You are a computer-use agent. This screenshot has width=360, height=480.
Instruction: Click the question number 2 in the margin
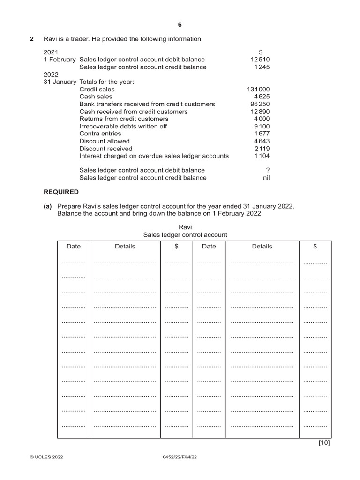[32, 39]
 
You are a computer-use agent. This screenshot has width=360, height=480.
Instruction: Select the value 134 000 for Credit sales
[258, 89]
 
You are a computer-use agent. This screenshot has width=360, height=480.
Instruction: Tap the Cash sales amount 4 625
[262, 97]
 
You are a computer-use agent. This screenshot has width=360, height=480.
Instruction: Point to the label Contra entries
[100, 134]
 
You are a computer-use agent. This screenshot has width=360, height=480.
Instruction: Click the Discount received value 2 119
[262, 149]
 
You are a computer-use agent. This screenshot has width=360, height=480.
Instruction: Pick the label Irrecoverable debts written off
[123, 126]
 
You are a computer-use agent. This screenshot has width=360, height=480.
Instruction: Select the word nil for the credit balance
[266, 178]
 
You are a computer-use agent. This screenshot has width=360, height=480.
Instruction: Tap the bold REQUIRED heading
[61, 192]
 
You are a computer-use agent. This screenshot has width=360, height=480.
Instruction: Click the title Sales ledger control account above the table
[186, 234]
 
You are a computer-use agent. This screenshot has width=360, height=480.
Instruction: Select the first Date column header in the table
[74, 246]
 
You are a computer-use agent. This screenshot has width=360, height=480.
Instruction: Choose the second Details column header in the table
[262, 246]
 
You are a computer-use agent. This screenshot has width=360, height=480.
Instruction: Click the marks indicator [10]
[324, 442]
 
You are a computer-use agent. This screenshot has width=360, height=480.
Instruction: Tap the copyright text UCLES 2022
[46, 457]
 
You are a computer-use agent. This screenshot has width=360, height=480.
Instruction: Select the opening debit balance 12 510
[260, 60]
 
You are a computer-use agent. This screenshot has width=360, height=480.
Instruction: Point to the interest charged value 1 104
[262, 156]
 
